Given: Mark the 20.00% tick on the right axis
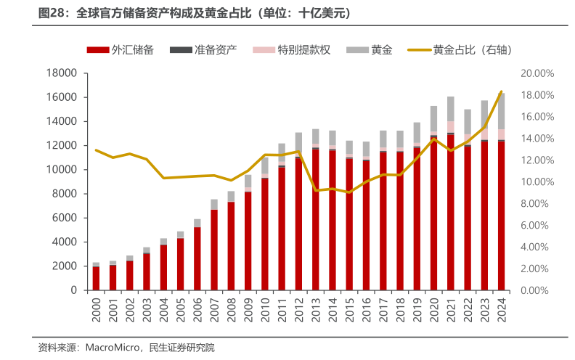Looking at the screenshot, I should (537, 73).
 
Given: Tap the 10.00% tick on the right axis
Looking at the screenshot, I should (537, 181).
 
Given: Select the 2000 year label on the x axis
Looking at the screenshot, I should (96, 304).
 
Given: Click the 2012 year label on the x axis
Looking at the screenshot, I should (298, 304).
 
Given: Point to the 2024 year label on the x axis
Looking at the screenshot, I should (500, 304).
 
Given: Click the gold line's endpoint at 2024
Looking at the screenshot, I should (500, 92).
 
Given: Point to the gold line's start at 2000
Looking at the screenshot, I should (96, 150).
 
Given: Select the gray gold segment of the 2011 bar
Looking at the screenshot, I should (281, 150).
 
